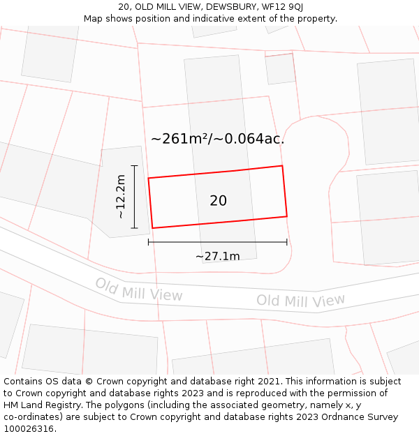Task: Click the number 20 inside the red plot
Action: coord(218,201)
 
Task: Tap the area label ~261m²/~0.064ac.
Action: coord(217,139)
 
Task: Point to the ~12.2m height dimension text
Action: coord(121,197)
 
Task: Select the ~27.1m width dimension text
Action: coord(217,256)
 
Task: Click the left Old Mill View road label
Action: coord(138,290)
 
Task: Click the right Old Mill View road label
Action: coord(300,301)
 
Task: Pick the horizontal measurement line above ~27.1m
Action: coord(217,242)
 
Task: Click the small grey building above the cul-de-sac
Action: coord(281,69)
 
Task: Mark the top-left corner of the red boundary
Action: coord(148,178)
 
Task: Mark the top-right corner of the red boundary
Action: coord(282,166)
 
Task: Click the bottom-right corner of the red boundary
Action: coord(287,216)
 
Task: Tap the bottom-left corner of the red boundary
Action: coord(152,228)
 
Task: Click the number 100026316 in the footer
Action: coord(28,429)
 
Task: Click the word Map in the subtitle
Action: coord(94,19)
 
